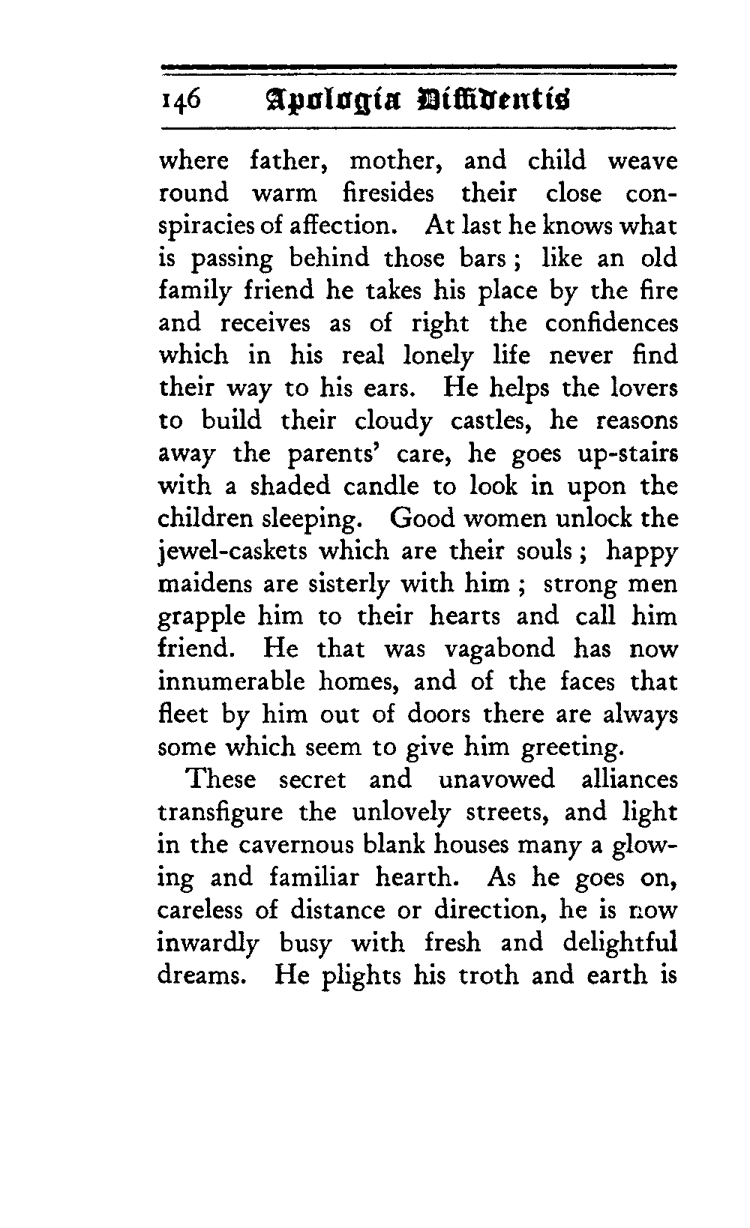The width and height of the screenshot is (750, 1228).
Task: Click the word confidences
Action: click(610, 323)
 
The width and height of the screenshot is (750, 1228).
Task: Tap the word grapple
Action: click(202, 617)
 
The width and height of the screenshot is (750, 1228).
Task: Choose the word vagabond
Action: click(499, 649)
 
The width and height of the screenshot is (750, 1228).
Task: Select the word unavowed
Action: click(496, 779)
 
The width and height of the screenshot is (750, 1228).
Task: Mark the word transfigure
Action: click(220, 813)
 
